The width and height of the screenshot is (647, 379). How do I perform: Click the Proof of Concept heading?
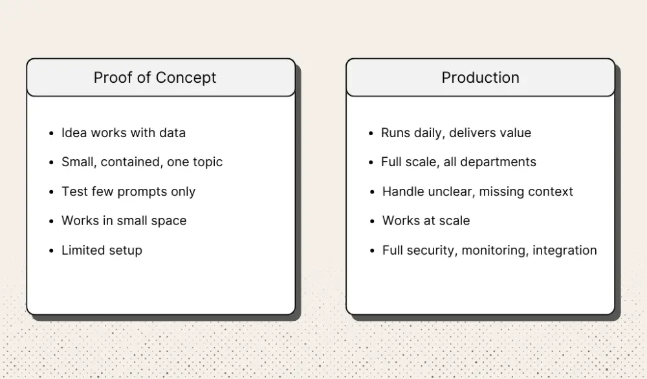click(155, 78)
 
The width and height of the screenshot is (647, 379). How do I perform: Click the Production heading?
click(480, 78)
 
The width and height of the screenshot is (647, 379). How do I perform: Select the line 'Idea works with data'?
click(123, 133)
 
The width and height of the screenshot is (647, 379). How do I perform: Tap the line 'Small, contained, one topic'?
click(142, 162)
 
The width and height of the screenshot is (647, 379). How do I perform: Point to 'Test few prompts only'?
click(128, 191)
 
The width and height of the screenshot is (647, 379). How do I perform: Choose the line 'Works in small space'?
click(124, 221)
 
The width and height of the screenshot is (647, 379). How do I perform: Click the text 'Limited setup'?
click(102, 250)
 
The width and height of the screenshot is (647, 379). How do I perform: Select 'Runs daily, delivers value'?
click(455, 133)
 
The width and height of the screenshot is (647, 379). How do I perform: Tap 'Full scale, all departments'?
click(458, 162)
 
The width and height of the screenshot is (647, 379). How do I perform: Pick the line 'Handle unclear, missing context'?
click(477, 191)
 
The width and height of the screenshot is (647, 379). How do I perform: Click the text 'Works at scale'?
click(426, 221)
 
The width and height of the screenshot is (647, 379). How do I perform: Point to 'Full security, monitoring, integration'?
click(489, 250)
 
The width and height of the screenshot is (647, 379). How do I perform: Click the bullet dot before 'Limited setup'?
click(51, 251)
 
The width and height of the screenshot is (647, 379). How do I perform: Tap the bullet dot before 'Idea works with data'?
click(51, 133)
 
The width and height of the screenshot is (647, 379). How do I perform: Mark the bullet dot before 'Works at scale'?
click(372, 221)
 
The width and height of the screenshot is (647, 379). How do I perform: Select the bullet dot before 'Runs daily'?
click(371, 133)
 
